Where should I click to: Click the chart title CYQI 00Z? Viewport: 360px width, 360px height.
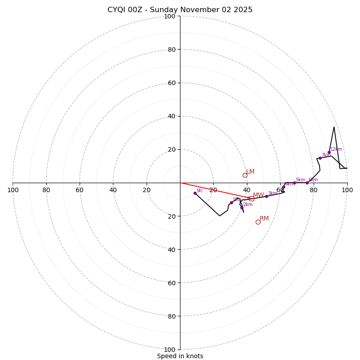[x=180, y=10]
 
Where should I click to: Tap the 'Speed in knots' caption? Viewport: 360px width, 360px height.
[x=180, y=356]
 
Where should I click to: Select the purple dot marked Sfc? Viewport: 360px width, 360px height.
[x=195, y=193]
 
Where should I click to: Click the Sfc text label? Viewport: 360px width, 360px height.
[x=199, y=191]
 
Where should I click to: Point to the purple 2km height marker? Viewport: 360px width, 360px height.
[x=242, y=207]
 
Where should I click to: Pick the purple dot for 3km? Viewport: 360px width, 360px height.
[x=266, y=196]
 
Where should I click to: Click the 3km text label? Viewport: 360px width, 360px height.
[x=272, y=193]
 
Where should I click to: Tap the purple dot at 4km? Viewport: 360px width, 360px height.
[x=283, y=187]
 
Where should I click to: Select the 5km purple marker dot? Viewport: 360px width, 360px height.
[x=294, y=183]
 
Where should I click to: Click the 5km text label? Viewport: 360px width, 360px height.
[x=300, y=180]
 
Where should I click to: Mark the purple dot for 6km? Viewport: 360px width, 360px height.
[x=307, y=183]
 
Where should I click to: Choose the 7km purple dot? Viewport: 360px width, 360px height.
[x=320, y=158]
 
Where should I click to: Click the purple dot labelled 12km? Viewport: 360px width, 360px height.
[x=329, y=152]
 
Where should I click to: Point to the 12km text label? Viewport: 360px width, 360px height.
[x=336, y=149]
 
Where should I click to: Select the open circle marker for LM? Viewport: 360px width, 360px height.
[x=245, y=175]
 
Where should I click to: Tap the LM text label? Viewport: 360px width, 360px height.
[x=250, y=172]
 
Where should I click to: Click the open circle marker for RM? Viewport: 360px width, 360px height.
[x=258, y=222]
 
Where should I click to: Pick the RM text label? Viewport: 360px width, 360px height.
[x=264, y=219]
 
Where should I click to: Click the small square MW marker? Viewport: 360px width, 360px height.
[x=252, y=198]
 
